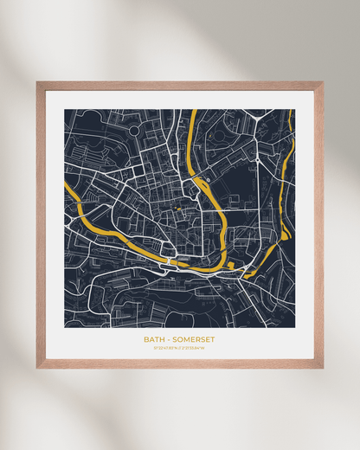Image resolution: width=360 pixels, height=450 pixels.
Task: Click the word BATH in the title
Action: pyautogui.click(x=152, y=339)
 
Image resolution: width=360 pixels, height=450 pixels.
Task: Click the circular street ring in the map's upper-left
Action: pyautogui.click(x=133, y=130)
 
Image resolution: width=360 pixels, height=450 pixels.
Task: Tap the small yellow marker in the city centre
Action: pyautogui.click(x=179, y=209)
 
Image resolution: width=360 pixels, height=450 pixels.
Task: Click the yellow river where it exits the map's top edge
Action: pyautogui.click(x=192, y=112)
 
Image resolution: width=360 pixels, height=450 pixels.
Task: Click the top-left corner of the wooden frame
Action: pyautogui.click(x=38, y=83)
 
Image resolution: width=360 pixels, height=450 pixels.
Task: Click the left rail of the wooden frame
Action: pyautogui.click(x=41, y=225)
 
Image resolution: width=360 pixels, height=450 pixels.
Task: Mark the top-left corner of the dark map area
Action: pyautogui.click(x=65, y=110)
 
